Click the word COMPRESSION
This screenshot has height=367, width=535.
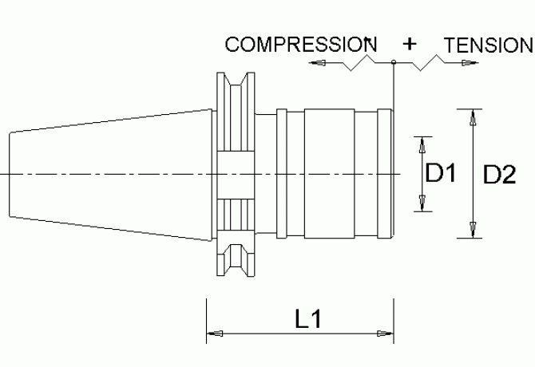pos(301,45)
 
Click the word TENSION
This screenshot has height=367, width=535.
pos(489,45)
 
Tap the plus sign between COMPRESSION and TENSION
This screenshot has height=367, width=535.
pos(410,44)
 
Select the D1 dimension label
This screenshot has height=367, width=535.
pos(441,172)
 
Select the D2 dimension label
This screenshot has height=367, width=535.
pos(500,175)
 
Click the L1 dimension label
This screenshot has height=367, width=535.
pos(307,319)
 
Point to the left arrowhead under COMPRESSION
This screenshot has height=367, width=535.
pos(317,63)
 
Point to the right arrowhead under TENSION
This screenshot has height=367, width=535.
pos(470,63)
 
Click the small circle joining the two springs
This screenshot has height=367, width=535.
pos(394,62)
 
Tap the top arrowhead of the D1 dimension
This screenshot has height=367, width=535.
pos(422,145)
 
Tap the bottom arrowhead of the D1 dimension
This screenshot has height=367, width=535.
pos(422,203)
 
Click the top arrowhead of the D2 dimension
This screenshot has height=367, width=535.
pos(473,117)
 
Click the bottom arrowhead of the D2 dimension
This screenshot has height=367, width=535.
pos(473,230)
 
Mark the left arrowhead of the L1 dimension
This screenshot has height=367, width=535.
pos(215,333)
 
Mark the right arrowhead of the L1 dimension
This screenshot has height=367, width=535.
pos(385,333)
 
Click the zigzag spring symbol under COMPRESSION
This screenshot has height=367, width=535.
pos(358,63)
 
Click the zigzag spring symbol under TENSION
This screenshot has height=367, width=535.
pos(427,63)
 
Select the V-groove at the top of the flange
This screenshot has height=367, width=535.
pos(236,79)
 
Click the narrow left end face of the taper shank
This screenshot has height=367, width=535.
pos(10,175)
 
